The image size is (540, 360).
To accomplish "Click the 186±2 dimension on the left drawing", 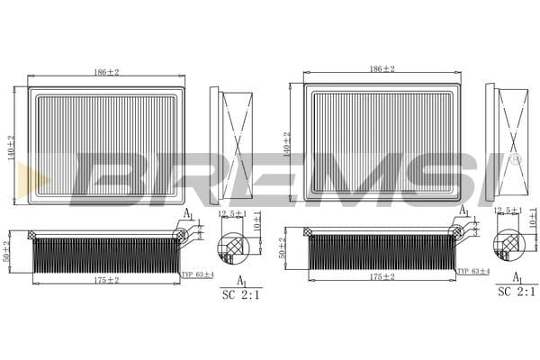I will (106, 70).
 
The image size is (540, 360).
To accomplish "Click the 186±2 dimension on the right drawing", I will (382, 69).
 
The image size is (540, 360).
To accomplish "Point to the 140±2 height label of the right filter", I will (287, 143).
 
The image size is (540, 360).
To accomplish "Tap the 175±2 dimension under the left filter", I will (106, 280).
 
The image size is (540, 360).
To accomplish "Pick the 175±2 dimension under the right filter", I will (382, 277).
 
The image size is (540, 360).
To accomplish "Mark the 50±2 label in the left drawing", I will (6, 250).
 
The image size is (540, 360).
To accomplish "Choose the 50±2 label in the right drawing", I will (283, 248).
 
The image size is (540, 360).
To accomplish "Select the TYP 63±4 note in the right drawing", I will (473, 271).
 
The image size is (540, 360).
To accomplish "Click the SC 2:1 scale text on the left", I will (241, 294).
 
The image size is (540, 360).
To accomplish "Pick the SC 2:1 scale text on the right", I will (517, 292).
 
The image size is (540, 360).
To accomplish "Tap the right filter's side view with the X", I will (512, 142).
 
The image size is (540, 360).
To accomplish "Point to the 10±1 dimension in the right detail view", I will (533, 217).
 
